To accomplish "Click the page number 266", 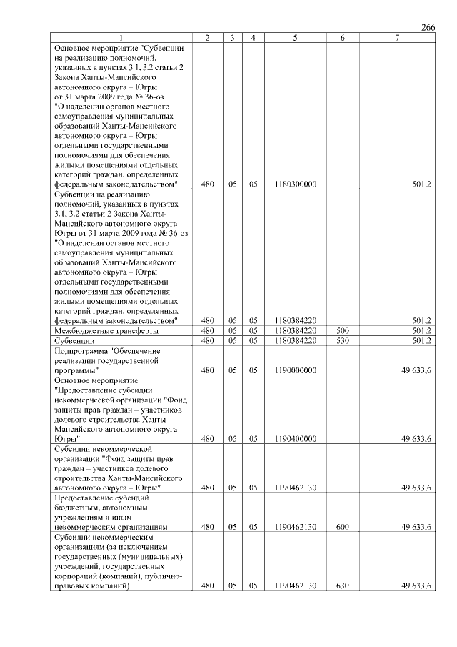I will (x=428, y=27).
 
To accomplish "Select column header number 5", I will (x=295, y=37).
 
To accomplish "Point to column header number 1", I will (x=121, y=37).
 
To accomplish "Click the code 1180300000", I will (x=295, y=184).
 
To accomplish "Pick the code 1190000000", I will (x=295, y=370).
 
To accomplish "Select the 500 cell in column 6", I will (x=342, y=331).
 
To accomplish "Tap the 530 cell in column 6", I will (x=342, y=341).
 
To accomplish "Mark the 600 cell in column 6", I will (x=342, y=527).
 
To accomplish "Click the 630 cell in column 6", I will (x=342, y=586).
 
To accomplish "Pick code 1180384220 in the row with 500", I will (x=295, y=331).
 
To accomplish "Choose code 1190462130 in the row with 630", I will (x=295, y=586).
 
